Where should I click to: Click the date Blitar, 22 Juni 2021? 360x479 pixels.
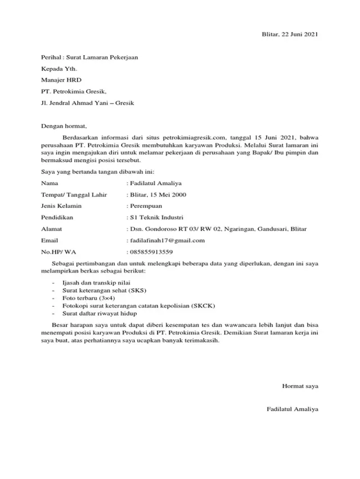coord(290,35)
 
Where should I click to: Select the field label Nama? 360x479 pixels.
coord(50,183)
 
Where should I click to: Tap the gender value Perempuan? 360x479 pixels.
coord(147,206)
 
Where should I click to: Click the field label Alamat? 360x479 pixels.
coord(52,229)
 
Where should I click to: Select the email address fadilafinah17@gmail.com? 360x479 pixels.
coord(167,240)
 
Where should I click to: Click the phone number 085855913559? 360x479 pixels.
coord(151,252)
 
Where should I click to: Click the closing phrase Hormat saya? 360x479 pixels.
coord(300,386)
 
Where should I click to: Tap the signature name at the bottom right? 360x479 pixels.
coord(292,409)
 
